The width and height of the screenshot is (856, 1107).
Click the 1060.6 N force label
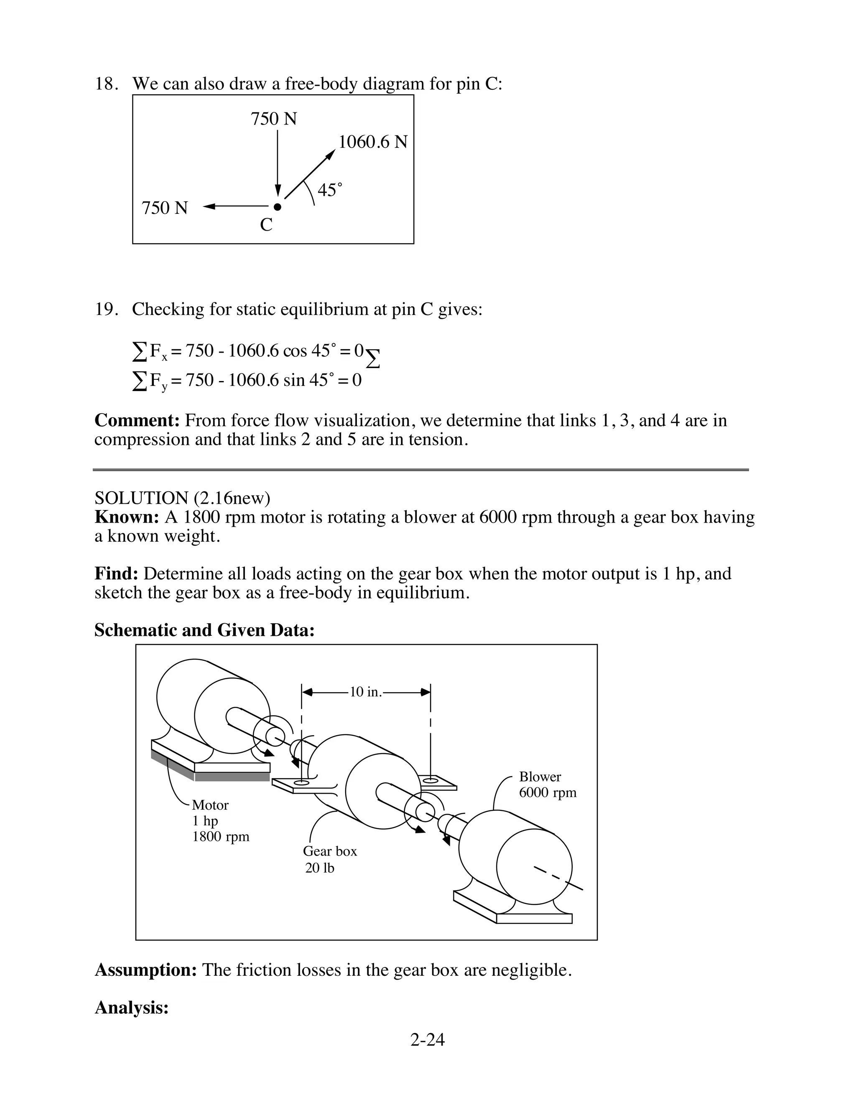click(x=373, y=142)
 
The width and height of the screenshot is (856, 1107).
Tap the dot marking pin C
click(x=277, y=207)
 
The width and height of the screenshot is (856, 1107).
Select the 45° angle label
click(x=330, y=190)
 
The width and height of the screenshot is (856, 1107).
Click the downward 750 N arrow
click(x=278, y=162)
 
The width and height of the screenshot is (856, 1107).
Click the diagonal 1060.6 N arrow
click(x=309, y=174)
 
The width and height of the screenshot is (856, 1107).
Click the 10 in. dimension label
click(x=365, y=692)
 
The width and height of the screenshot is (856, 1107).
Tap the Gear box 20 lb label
click(x=330, y=859)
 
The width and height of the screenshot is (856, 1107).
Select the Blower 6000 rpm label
click(x=547, y=785)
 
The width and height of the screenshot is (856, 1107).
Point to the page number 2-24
click(x=428, y=1040)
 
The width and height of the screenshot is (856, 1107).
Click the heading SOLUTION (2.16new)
click(x=183, y=498)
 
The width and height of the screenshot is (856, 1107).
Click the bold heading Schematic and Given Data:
click(x=204, y=630)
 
